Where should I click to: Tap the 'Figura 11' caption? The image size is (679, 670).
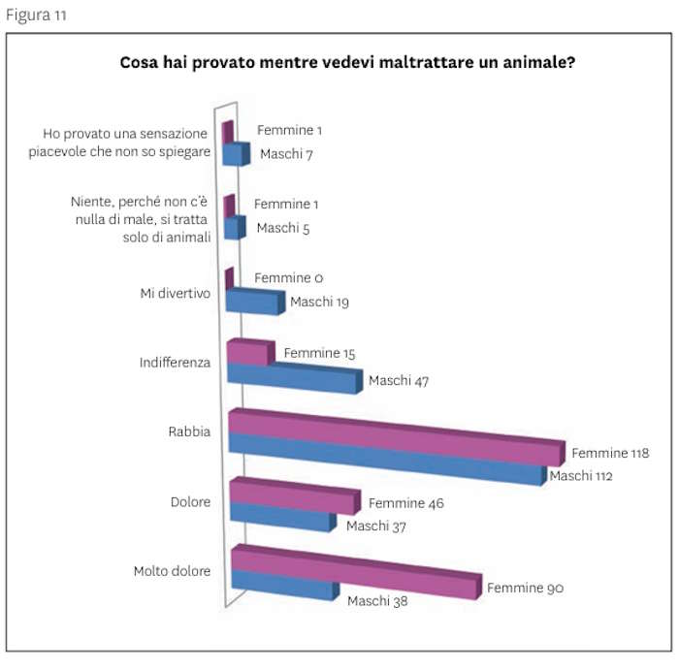coord(38,16)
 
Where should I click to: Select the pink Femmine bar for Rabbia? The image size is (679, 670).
coord(393,437)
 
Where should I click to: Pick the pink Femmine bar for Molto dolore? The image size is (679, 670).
coord(354,573)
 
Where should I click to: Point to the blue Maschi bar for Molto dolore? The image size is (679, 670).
coord(281,588)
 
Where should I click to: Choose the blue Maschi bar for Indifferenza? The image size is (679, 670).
coord(291,378)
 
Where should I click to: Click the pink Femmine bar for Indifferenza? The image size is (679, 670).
coord(246,353)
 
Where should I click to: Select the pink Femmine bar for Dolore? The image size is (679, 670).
coord(291,498)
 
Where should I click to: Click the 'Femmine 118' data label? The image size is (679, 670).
coord(610,452)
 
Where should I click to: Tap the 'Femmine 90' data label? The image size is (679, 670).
coord(525,588)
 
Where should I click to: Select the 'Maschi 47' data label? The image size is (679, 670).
coord(399,380)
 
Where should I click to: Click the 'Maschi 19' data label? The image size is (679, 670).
coord(319,302)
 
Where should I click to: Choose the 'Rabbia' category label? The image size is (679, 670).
coord(190,431)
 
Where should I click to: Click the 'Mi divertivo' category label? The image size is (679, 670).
coord(175,292)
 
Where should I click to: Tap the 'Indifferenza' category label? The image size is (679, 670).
coord(175,362)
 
